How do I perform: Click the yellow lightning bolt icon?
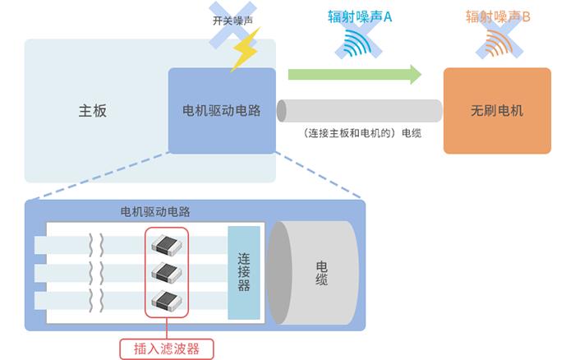pyautogui.click(x=245, y=52)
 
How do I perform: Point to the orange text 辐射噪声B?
pyautogui.click(x=498, y=16)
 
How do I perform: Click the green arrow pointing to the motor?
pyautogui.click(x=354, y=75)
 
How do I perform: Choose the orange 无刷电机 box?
pyautogui.click(x=497, y=111)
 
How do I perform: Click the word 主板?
pyautogui.click(x=93, y=111)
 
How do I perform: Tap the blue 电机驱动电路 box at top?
pyautogui.click(x=222, y=111)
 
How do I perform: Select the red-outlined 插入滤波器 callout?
pyautogui.click(x=167, y=348)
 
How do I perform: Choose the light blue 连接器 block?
pyautogui.click(x=243, y=272)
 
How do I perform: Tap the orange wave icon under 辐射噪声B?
pyautogui.click(x=498, y=44)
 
